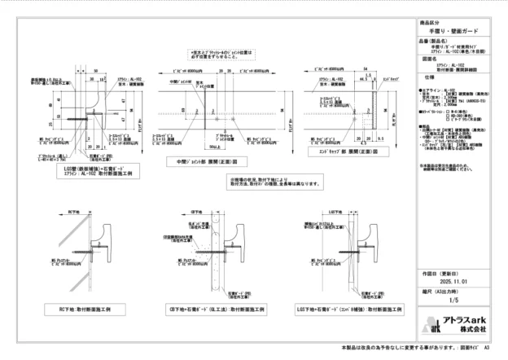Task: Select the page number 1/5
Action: click(453, 301)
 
